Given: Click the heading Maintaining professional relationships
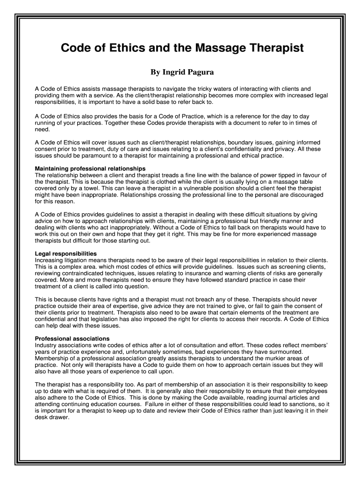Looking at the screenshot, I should point(90,168).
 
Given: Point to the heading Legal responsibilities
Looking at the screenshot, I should point(66,254).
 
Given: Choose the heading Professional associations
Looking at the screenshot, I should point(72,338).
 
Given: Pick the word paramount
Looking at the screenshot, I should point(94,155).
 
